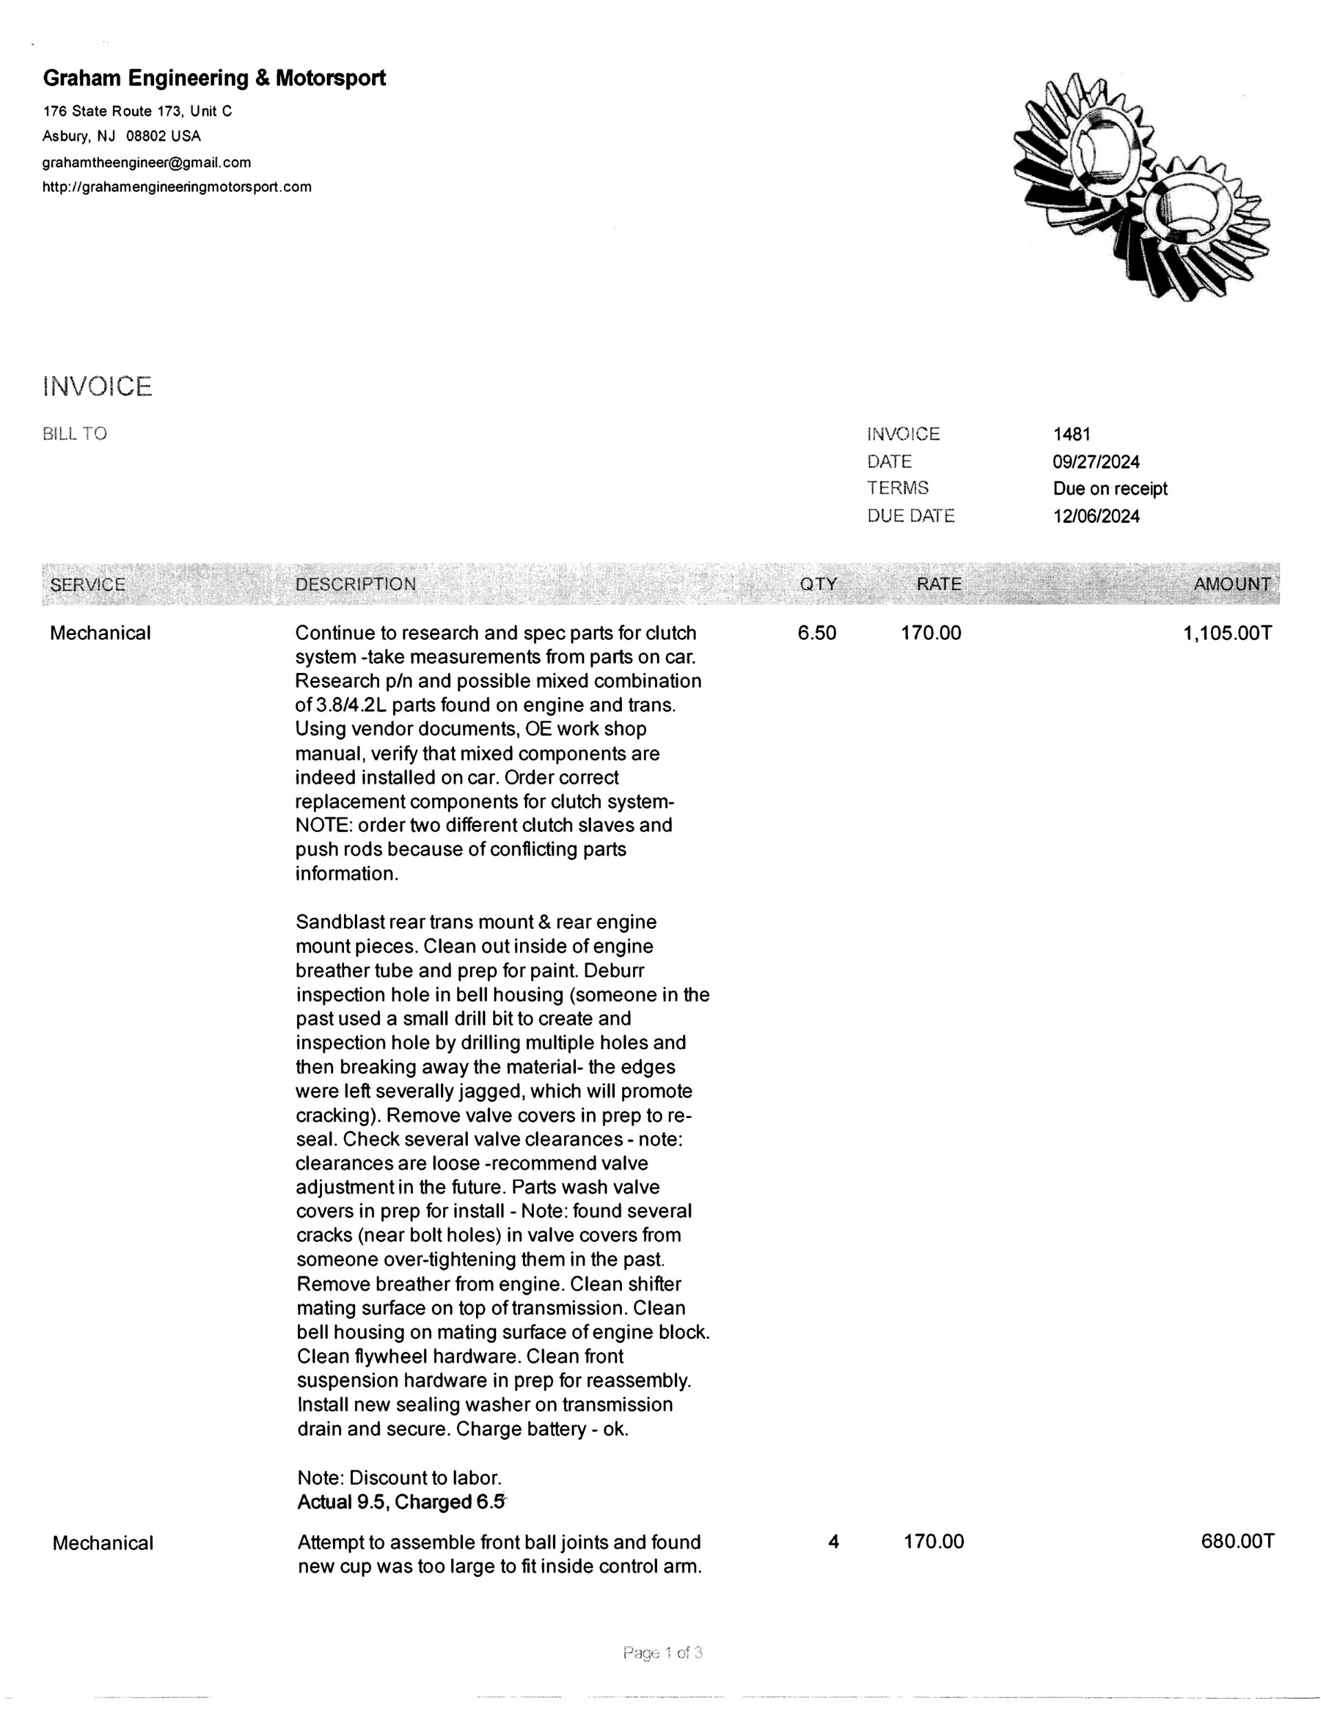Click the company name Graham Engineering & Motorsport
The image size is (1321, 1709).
(214, 78)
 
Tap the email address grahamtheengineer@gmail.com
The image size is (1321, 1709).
(147, 163)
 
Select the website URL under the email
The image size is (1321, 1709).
(177, 187)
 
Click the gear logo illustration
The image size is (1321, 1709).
(1139, 186)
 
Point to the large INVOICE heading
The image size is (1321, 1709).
(97, 387)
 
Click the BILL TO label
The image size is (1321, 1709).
(74, 434)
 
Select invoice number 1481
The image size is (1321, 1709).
(1071, 434)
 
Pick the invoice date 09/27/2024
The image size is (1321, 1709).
(1095, 462)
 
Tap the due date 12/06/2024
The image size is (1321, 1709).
(1095, 517)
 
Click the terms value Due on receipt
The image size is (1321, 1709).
(1110, 489)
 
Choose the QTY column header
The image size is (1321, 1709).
(818, 585)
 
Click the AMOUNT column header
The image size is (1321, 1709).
(1231, 585)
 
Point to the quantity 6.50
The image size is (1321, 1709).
(817, 633)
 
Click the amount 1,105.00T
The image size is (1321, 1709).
(1227, 633)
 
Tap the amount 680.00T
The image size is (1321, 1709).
(1237, 1543)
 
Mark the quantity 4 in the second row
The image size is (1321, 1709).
(833, 1543)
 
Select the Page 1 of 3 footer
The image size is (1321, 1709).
(662, 1653)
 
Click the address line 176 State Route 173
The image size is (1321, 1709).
(137, 111)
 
